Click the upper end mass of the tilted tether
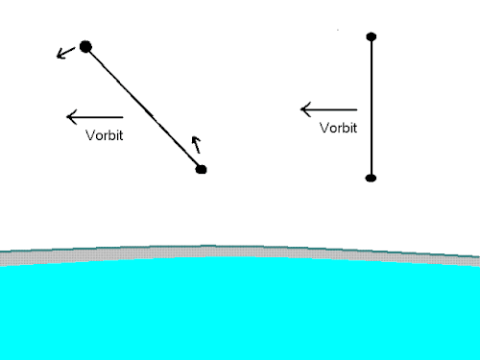pyautogui.click(x=85, y=47)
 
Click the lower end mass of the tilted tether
pyautogui.click(x=201, y=169)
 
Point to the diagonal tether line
pyautogui.click(x=143, y=108)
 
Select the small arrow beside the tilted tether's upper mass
pyautogui.click(x=65, y=53)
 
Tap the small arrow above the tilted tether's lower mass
pyautogui.click(x=197, y=145)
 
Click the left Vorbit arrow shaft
pyautogui.click(x=95, y=117)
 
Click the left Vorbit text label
pyautogui.click(x=105, y=135)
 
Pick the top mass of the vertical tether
pyautogui.click(x=372, y=36)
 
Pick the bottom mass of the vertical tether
pyautogui.click(x=371, y=179)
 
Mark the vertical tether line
pyautogui.click(x=372, y=108)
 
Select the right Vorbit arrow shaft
pyautogui.click(x=328, y=109)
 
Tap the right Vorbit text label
pyautogui.click(x=338, y=128)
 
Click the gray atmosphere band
pyautogui.click(x=240, y=252)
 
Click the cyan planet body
pyautogui.click(x=240, y=309)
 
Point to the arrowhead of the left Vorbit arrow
pyautogui.click(x=72, y=117)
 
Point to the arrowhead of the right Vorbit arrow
pyautogui.click(x=305, y=109)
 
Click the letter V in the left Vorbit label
pyautogui.click(x=90, y=135)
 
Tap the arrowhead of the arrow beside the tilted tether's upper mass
pyautogui.click(x=60, y=55)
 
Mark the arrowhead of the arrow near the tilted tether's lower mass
pyautogui.click(x=196, y=140)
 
